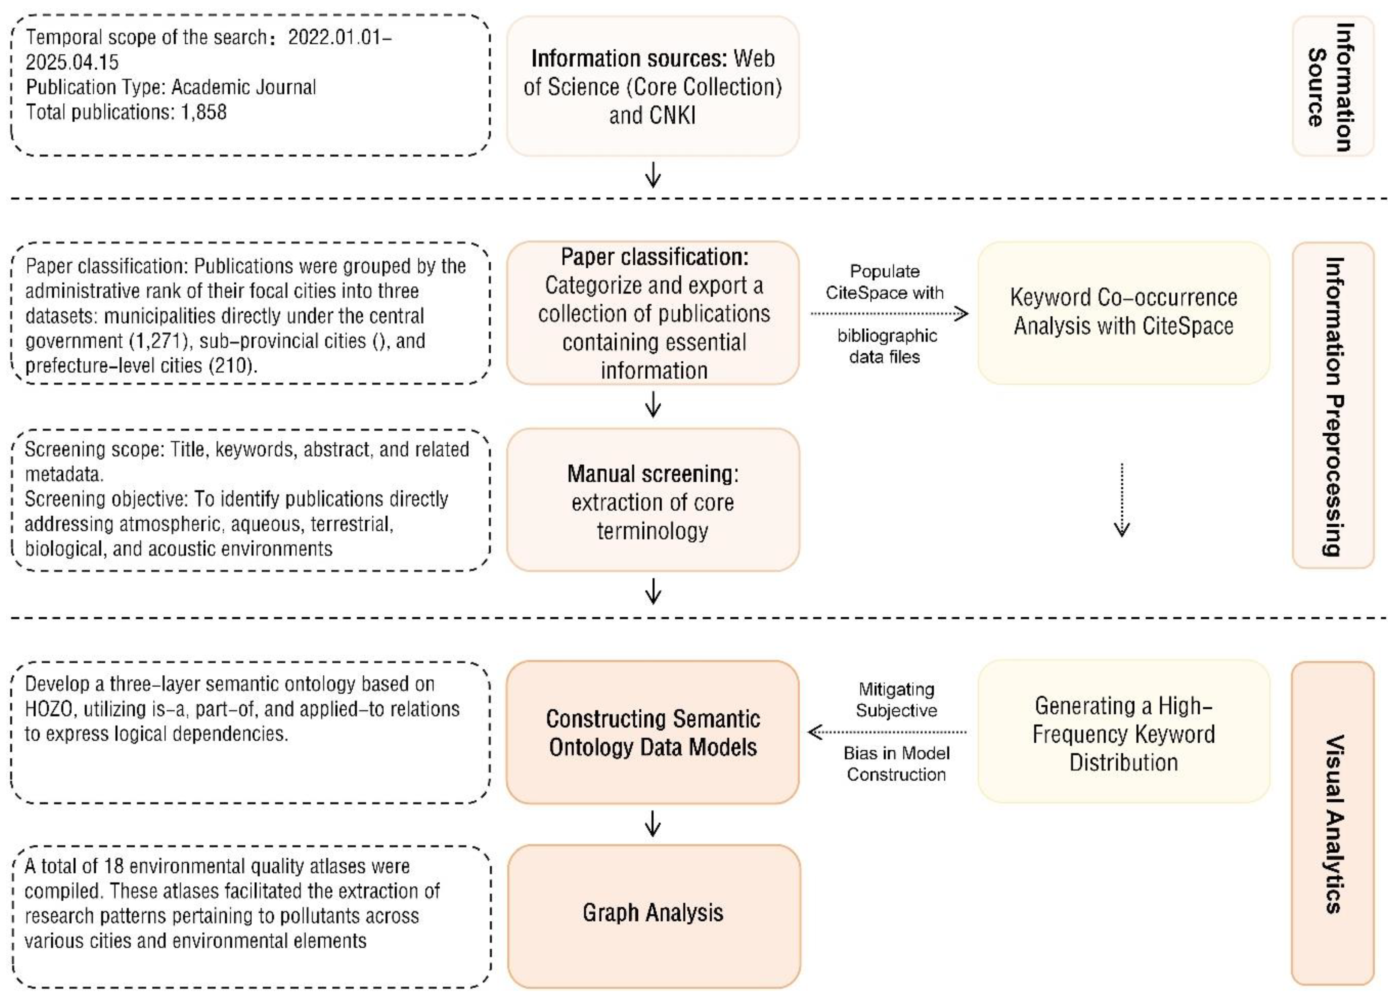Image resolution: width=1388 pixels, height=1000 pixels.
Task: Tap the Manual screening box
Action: pyautogui.click(x=653, y=500)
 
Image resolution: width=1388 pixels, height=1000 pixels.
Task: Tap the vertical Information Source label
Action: pyautogui.click(x=1333, y=86)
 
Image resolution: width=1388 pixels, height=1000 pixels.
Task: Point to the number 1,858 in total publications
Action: pyautogui.click(x=203, y=112)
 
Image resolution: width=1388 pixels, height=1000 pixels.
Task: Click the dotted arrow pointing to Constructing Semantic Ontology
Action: pyautogui.click(x=887, y=732)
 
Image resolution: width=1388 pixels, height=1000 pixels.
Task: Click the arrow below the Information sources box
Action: pyautogui.click(x=653, y=175)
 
